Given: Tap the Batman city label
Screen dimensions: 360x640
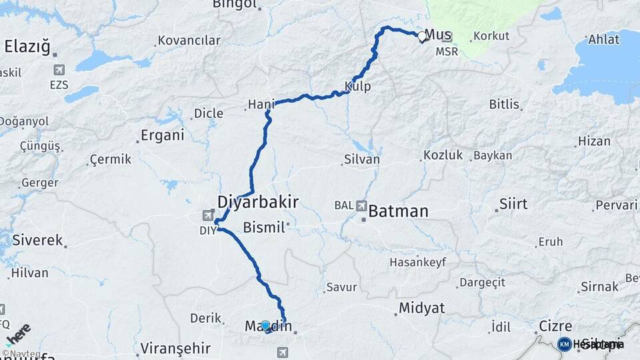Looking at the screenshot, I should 398,212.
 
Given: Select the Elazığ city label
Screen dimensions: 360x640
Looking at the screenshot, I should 27,47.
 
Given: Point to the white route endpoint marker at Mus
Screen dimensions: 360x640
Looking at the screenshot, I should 422,37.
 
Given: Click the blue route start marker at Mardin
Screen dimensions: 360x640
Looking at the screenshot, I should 265,326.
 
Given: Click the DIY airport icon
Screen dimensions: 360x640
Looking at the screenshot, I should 209,215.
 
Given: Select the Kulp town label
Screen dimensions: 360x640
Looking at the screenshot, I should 358,87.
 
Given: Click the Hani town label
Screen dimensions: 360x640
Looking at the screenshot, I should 261,104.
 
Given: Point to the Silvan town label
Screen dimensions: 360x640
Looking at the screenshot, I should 362,159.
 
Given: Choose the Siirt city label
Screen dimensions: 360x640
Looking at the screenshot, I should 513,204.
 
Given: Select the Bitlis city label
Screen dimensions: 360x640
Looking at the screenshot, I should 503,105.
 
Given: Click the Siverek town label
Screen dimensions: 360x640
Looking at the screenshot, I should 37,240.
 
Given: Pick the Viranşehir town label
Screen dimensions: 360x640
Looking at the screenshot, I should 176,348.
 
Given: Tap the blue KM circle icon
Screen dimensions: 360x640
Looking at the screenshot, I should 565,344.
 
